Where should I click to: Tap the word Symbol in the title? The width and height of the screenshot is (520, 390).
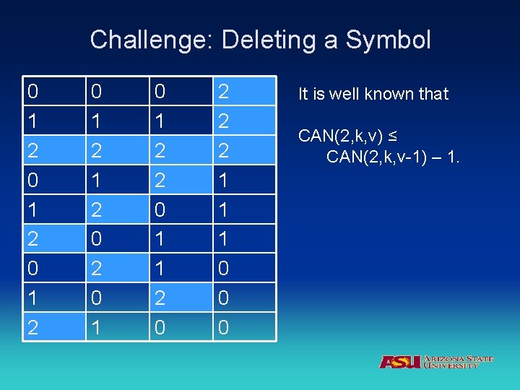click(388, 40)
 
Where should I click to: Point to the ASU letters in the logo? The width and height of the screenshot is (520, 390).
click(399, 362)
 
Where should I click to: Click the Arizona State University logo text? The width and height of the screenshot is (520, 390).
click(458, 362)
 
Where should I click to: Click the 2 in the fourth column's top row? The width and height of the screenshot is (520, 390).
click(224, 92)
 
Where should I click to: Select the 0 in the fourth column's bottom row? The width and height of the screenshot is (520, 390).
click(224, 327)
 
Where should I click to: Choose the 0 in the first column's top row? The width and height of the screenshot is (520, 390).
click(32, 92)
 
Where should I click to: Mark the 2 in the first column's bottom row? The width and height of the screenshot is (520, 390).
click(32, 327)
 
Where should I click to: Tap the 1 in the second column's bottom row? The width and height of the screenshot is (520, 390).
click(96, 327)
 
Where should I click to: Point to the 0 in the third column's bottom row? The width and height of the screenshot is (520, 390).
click(160, 327)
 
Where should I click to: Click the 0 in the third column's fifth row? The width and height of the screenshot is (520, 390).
click(160, 209)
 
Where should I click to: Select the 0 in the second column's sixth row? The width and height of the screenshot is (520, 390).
click(96, 239)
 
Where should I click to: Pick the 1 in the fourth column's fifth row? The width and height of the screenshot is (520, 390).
click(224, 209)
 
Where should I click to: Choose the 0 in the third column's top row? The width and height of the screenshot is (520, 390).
click(160, 92)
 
